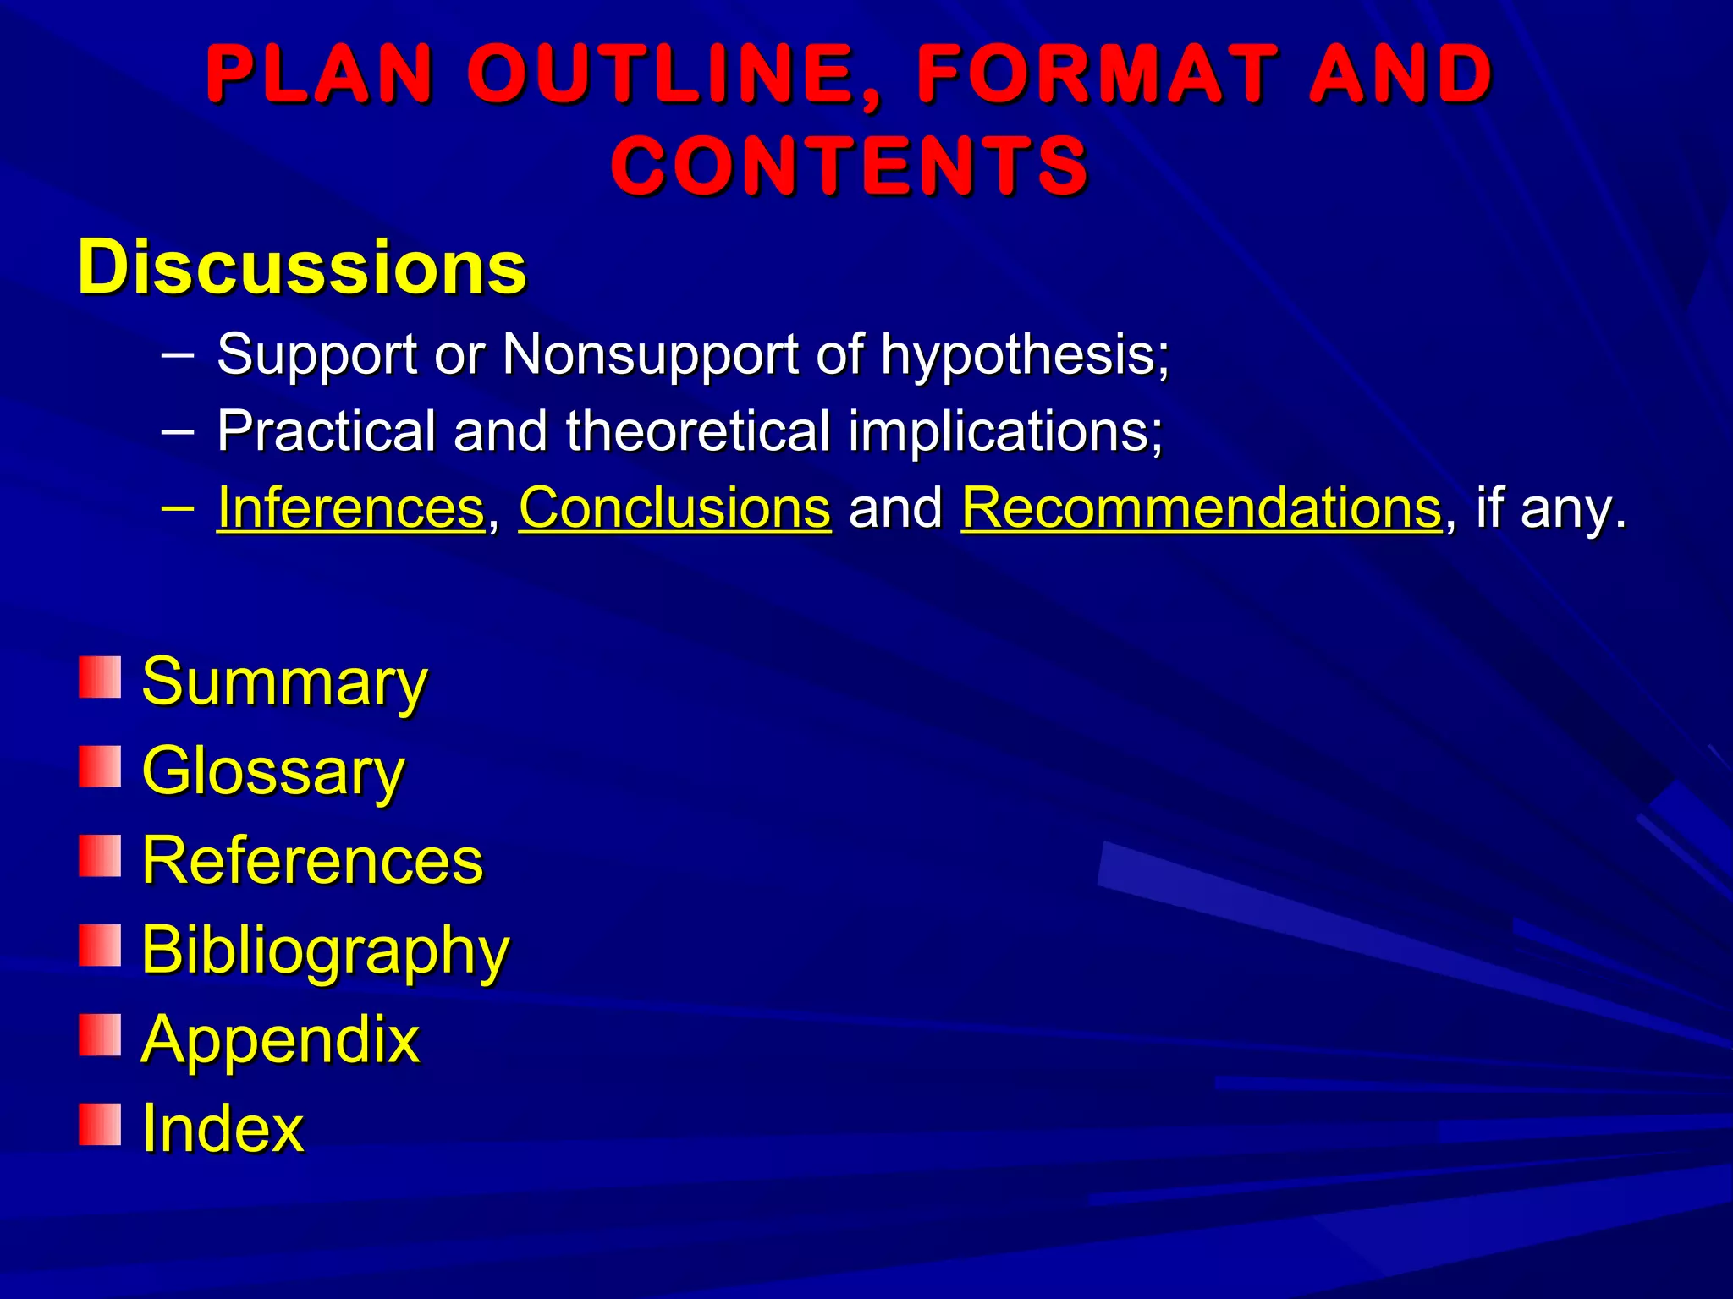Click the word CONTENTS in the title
(849, 166)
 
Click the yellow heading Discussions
(302, 267)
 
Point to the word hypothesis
(1025, 354)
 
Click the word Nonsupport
(650, 354)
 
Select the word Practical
(326, 431)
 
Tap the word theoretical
(698, 431)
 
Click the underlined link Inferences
(350, 508)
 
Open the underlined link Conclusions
(674, 508)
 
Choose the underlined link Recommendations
(1201, 508)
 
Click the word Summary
(284, 682)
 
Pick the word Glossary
(273, 772)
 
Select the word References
(312, 861)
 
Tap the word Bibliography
(325, 951)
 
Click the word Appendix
(280, 1040)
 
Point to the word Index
(223, 1129)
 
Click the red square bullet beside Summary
(100, 677)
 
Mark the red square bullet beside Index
(100, 1124)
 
